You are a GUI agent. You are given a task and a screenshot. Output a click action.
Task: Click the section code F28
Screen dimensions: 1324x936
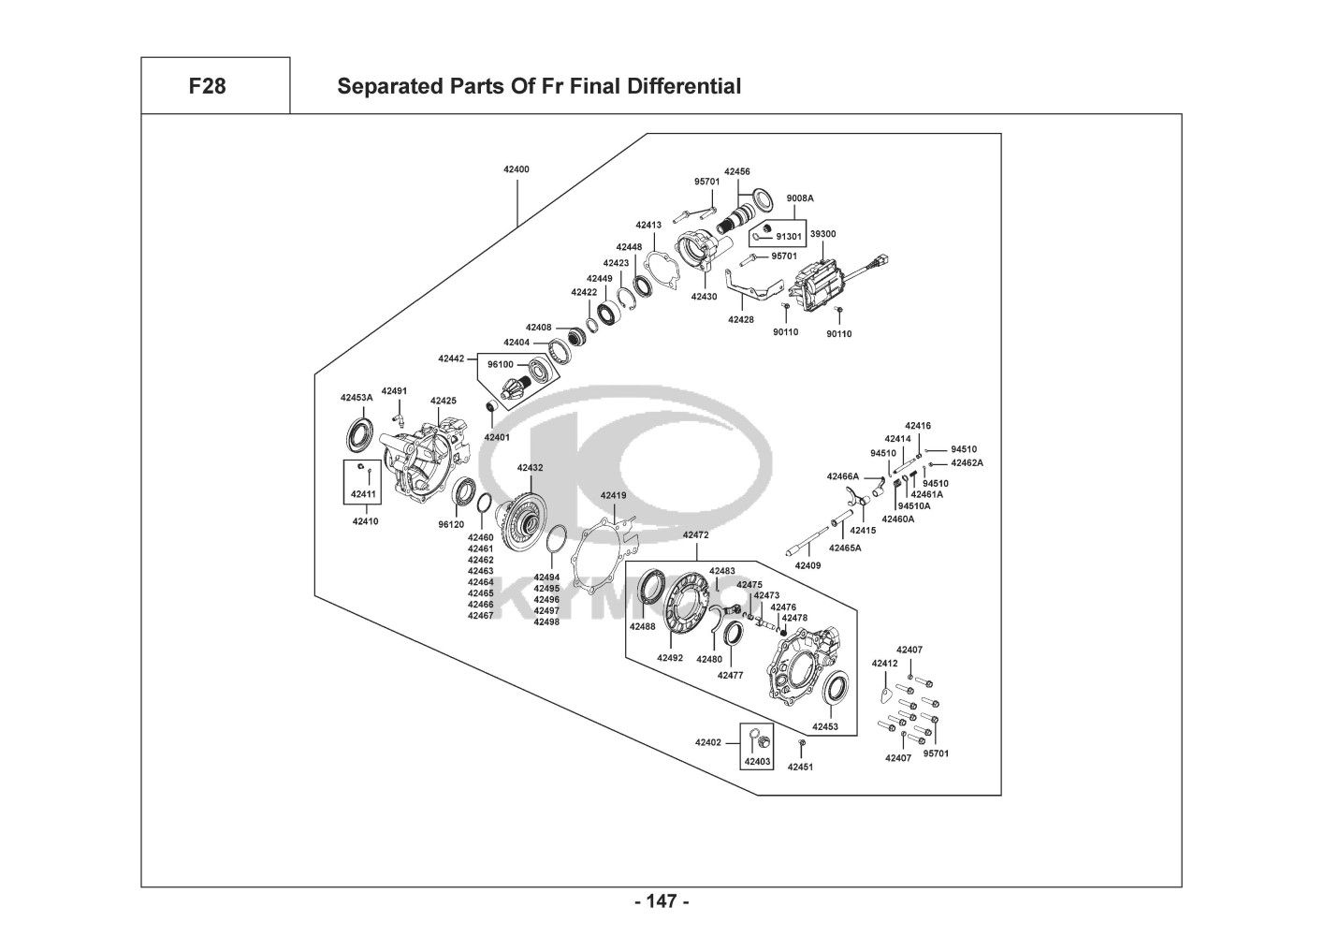coord(208,86)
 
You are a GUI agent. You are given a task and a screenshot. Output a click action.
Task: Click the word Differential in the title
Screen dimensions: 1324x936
coord(684,86)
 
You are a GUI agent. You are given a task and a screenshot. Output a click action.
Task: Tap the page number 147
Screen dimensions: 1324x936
coord(662,901)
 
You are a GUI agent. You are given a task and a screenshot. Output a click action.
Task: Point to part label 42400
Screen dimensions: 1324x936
coord(517,169)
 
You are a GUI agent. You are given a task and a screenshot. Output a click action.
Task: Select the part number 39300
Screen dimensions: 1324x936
coord(822,234)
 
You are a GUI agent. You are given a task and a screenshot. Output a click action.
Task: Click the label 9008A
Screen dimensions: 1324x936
coord(800,198)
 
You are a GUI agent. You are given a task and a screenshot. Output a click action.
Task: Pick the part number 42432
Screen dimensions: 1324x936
coord(531,468)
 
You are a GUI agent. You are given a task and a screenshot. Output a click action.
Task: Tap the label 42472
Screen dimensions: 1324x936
coord(696,535)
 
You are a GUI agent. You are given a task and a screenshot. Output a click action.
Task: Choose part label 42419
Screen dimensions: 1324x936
coord(614,495)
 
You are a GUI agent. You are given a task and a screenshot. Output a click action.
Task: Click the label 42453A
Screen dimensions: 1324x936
coord(357,398)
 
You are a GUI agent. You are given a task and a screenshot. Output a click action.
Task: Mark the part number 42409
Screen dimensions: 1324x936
coord(808,566)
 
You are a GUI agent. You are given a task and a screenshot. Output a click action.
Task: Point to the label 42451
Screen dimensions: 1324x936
coord(800,768)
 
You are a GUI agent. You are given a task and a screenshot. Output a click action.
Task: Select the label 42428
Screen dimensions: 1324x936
coord(741,320)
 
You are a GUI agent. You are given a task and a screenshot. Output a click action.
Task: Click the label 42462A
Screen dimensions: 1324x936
coord(967,463)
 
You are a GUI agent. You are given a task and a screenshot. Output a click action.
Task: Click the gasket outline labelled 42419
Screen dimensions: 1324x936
coord(609,556)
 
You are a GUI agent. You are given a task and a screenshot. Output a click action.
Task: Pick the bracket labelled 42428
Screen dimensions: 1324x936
coord(750,288)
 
